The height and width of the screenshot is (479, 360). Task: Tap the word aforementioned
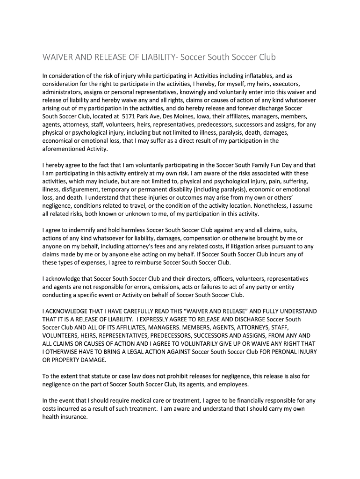63,149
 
